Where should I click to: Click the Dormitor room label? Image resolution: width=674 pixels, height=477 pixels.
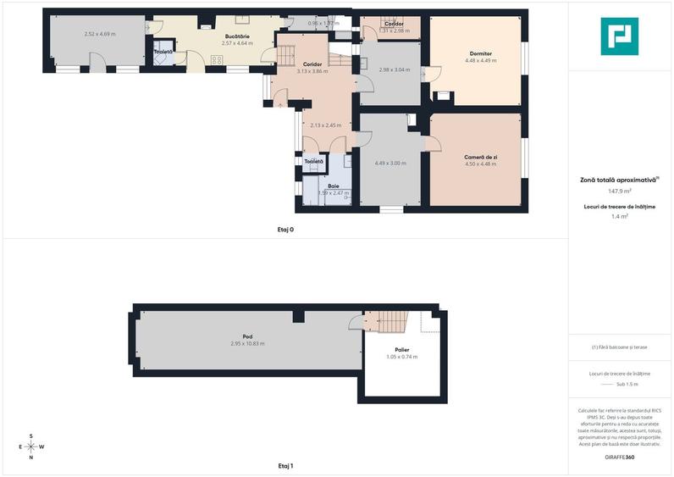[478, 53]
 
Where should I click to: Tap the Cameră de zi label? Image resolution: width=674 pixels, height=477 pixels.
[480, 157]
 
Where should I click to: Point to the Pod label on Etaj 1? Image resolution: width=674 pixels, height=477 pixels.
[247, 336]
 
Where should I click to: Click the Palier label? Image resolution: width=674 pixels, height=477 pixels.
[401, 349]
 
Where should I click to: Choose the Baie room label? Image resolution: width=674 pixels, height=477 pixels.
[334, 186]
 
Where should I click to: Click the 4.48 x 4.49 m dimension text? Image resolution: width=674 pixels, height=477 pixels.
[478, 60]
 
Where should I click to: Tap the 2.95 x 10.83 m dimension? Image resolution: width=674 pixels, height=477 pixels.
[247, 343]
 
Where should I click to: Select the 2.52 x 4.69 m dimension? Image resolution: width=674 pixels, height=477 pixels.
[100, 34]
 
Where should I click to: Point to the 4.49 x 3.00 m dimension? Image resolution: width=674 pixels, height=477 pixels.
[390, 163]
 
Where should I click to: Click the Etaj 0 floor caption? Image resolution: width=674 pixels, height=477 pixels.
[285, 230]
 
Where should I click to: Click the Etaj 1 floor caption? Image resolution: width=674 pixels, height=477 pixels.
[285, 466]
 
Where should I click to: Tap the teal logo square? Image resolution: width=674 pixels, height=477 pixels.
[619, 36]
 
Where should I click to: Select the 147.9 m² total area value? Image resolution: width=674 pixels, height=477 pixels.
[619, 191]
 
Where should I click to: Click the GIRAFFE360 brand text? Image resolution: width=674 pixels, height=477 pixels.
[619, 458]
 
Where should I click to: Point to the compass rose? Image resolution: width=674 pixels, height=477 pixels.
[31, 446]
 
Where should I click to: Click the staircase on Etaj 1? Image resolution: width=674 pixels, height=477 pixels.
[392, 321]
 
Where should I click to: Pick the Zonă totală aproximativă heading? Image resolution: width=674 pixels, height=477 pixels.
[619, 180]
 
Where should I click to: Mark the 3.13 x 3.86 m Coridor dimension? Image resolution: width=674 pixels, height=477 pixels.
[312, 71]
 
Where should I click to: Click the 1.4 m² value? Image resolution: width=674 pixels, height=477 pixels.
[619, 217]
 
